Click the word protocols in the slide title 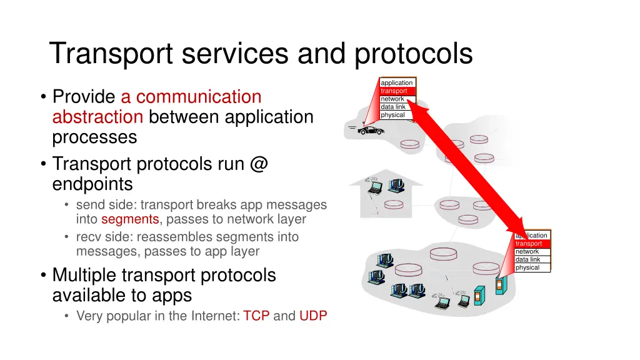pyautogui.click(x=414, y=54)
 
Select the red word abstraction pyautogui.click(x=98, y=117)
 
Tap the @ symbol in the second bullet pyautogui.click(x=258, y=164)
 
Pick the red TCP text pyautogui.click(x=256, y=316)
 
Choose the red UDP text pyautogui.click(x=313, y=316)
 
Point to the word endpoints pyautogui.click(x=92, y=184)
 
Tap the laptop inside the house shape pyautogui.click(x=375, y=186)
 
